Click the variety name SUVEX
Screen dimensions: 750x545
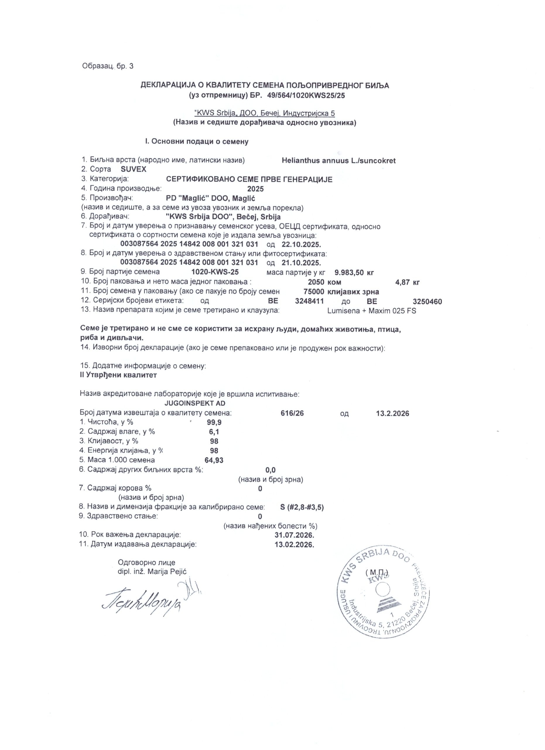point(134,170)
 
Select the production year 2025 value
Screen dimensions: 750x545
point(255,189)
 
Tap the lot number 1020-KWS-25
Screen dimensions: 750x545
point(215,272)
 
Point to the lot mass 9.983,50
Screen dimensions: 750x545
point(349,273)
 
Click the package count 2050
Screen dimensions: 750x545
point(316,282)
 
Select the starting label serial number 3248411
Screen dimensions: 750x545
point(309,301)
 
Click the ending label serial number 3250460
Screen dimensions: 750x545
point(427,301)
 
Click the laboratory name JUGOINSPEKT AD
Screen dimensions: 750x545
point(195,403)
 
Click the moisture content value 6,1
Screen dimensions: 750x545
point(214,432)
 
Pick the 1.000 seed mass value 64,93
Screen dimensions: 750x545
point(214,460)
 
